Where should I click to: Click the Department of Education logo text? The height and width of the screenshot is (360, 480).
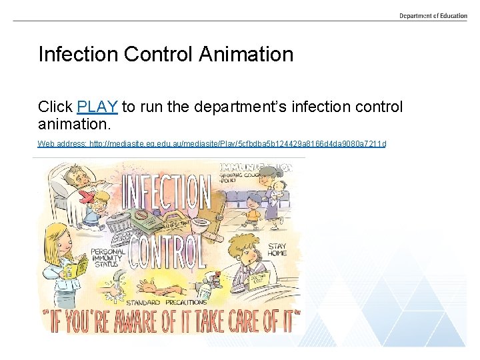pyautogui.click(x=433, y=16)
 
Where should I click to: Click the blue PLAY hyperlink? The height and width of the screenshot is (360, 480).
pyautogui.click(x=97, y=107)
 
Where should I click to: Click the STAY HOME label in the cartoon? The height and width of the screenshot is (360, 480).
pyautogui.click(x=277, y=250)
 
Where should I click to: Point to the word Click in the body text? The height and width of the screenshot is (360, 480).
pyautogui.click(x=55, y=107)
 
